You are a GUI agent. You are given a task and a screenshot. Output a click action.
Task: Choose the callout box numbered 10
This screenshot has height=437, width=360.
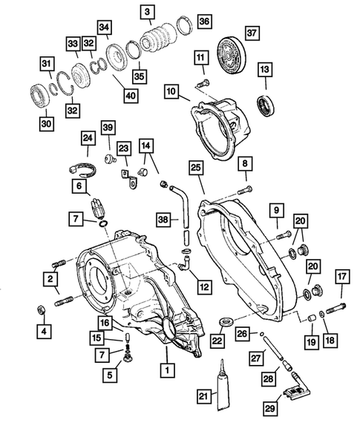pyautogui.click(x=171, y=92)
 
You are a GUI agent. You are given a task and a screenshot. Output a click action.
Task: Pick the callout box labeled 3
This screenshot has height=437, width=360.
pyautogui.click(x=148, y=11)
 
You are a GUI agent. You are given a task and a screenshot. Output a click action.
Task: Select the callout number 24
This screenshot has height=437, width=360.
pyautogui.click(x=88, y=138)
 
